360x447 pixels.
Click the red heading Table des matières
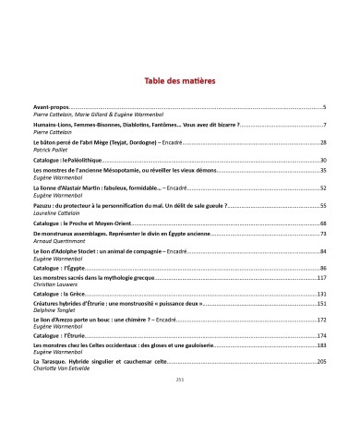pos(180,81)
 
